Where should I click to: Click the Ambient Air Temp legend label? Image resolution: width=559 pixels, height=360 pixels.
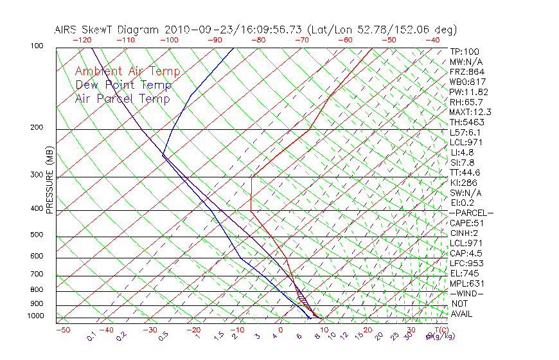[x=127, y=71]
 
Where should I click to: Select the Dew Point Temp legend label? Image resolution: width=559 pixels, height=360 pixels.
[x=123, y=85]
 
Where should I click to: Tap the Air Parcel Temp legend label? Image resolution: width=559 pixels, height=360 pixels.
[x=122, y=98]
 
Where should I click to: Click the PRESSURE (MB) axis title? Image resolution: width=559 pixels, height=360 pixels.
[x=49, y=181]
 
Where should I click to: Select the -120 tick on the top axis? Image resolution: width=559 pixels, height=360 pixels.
[x=82, y=40]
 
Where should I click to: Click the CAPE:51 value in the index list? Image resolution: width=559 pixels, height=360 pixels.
[x=467, y=223]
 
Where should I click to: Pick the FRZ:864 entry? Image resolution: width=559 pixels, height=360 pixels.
[x=467, y=72]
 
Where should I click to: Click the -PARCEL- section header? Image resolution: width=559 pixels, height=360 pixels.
[x=472, y=213]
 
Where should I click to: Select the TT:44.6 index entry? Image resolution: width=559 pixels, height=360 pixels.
[x=465, y=172]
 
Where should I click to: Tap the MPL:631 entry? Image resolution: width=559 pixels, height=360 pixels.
[x=467, y=283]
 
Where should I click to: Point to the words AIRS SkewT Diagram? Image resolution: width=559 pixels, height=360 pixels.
[x=108, y=30]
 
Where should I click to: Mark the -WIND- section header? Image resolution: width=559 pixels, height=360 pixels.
[x=467, y=293]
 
